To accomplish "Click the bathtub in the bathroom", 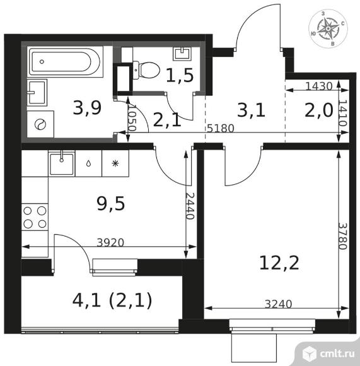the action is pyautogui.click(x=65, y=62).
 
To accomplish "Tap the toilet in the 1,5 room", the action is pyautogui.click(x=146, y=70).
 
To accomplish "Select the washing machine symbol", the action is pyautogui.click(x=40, y=124).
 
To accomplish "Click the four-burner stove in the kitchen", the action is pyautogui.click(x=35, y=217).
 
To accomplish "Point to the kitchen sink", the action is pyautogui.click(x=62, y=163).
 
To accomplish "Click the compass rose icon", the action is pyautogui.click(x=328, y=28).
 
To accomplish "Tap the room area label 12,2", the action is pyautogui.click(x=279, y=263).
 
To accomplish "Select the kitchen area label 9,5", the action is pyautogui.click(x=111, y=204).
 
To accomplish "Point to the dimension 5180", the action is pyautogui.click(x=220, y=128).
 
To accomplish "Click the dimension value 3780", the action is pyautogui.click(x=343, y=236).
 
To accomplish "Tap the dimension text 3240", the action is pyautogui.click(x=279, y=304).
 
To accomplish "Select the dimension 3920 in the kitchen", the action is pyautogui.click(x=110, y=243).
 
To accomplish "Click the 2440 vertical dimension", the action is pyautogui.click(x=190, y=206).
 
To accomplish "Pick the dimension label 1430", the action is pyautogui.click(x=319, y=86).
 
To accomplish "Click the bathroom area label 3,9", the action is pyautogui.click(x=87, y=109).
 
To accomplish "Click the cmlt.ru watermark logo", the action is pyautogui.click(x=328, y=353).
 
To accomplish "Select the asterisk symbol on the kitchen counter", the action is pyautogui.click(x=115, y=163).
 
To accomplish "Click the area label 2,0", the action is pyautogui.click(x=319, y=110).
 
